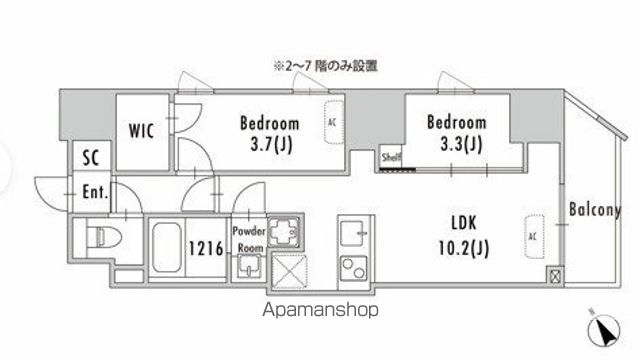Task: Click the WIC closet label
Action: [x=141, y=131]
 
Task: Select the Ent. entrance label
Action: [x=96, y=192]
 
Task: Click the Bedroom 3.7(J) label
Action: [x=269, y=133]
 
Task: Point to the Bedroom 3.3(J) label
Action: [x=456, y=131]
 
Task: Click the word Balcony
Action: [x=595, y=211]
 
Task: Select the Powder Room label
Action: [x=249, y=237]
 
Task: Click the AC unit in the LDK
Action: [x=534, y=236]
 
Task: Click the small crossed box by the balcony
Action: [x=554, y=274]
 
